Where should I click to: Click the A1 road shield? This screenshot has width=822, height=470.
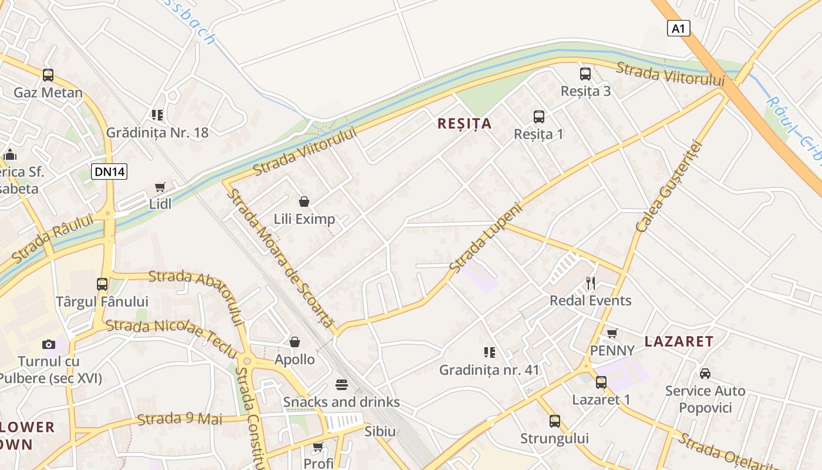click(678, 28)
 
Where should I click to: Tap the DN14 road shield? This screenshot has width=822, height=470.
click(109, 172)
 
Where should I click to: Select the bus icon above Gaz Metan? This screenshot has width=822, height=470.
click(48, 75)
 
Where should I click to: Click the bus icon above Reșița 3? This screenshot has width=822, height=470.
click(585, 73)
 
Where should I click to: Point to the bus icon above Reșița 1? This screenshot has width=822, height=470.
click(539, 116)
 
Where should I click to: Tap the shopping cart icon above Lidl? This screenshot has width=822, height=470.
click(160, 187)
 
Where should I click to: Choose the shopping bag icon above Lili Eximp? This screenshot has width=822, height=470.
click(304, 202)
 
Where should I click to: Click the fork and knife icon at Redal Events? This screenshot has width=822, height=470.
click(591, 283)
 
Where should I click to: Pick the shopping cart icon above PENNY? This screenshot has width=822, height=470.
click(612, 334)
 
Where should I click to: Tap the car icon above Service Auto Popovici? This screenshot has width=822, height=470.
click(705, 374)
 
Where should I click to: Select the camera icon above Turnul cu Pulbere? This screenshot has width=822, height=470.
click(49, 344)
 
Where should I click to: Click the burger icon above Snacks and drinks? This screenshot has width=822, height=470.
click(342, 385)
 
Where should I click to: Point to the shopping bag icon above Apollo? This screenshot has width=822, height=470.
click(295, 342)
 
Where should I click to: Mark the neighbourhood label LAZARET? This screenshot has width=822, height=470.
click(679, 341)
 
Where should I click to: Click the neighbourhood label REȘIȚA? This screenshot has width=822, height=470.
click(464, 123)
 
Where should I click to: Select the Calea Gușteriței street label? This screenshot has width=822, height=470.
click(669, 186)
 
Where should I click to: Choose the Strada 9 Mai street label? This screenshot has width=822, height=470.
click(180, 419)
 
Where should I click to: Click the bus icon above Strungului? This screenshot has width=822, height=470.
click(555, 421)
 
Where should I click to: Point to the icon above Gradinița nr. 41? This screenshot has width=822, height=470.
click(489, 352)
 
